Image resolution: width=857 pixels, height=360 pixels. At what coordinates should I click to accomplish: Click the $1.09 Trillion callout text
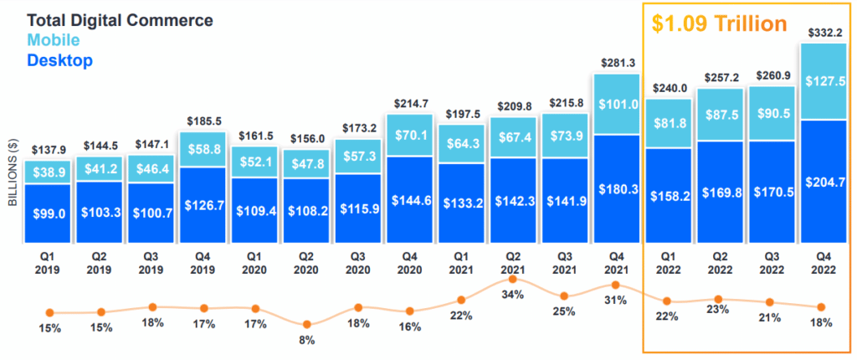[720, 23]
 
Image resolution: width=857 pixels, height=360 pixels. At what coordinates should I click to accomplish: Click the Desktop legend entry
[59, 60]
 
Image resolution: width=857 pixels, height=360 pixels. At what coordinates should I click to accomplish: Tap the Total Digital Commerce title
[120, 18]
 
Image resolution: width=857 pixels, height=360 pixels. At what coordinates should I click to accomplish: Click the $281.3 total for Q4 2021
[616, 62]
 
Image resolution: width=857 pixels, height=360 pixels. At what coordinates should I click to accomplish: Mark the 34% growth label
[513, 294]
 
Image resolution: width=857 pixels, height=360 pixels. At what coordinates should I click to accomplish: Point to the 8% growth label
[307, 340]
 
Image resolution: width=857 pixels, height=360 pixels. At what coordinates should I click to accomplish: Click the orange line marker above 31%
[616, 285]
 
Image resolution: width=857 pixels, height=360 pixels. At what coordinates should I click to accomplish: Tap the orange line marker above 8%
[307, 324]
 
